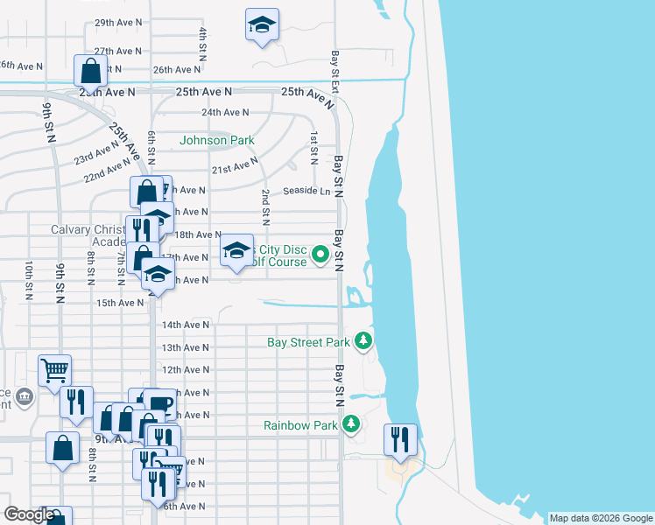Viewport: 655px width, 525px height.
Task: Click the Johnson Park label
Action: pos(217,140)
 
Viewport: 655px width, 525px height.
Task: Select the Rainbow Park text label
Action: pos(300,426)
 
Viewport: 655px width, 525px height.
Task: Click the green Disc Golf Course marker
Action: pos(320,255)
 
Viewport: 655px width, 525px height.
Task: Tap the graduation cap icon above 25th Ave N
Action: pos(261,26)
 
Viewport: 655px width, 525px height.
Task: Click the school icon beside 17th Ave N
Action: pos(236,251)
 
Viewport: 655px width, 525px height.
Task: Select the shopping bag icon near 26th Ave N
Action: pos(91,70)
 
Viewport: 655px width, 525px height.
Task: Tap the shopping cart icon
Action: pos(54,369)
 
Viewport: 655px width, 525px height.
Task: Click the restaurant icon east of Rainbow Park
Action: pos(400,439)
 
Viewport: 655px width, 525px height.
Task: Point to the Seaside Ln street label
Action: pos(306,192)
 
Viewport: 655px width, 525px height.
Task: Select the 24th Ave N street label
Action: pos(225,112)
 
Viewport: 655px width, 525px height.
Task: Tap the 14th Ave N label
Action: pos(185,325)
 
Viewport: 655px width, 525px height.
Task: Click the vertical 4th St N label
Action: pos(202,44)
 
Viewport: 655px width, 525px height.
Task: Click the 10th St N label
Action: pos(29,280)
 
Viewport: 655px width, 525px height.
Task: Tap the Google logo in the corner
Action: pos(29,514)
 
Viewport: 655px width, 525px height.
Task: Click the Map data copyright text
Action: pos(600,518)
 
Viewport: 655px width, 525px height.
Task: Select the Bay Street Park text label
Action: pos(308,342)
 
